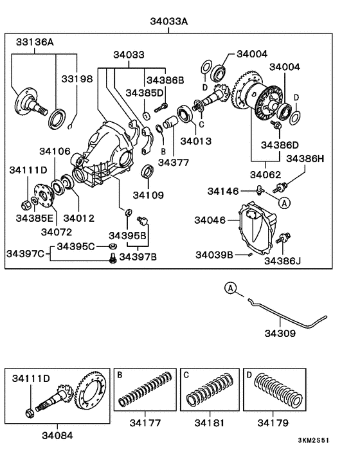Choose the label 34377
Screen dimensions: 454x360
tap(172, 163)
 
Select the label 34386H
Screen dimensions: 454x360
tap(305, 158)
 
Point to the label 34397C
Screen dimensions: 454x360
tap(26, 254)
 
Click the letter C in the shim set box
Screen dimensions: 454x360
tap(186, 374)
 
